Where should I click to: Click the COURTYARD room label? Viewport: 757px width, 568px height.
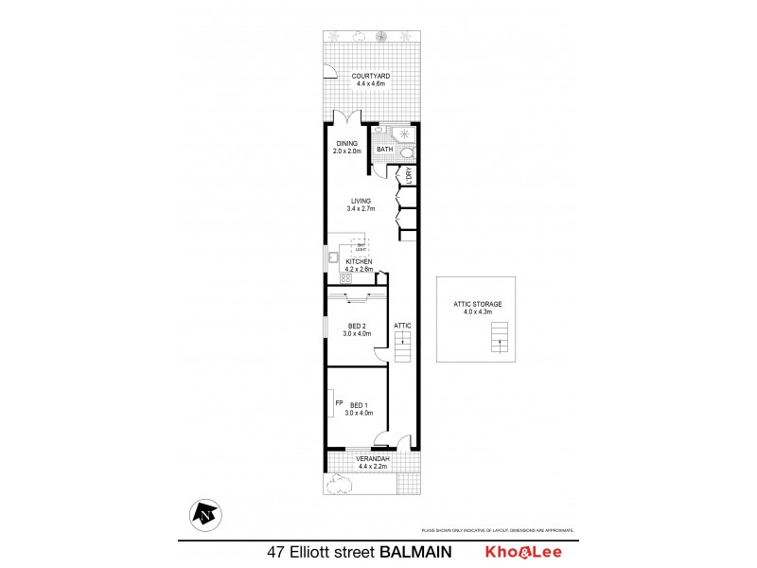pyautogui.click(x=371, y=76)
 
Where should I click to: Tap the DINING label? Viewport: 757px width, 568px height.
pyautogui.click(x=346, y=144)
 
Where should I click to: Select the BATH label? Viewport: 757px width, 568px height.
pyautogui.click(x=384, y=150)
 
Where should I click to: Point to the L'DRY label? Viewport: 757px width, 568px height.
pyautogui.click(x=409, y=174)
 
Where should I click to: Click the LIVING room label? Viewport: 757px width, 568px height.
pyautogui.click(x=361, y=200)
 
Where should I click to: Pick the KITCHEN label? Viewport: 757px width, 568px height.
pyautogui.click(x=359, y=261)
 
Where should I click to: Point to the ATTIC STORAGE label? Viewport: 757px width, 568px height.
pyautogui.click(x=477, y=303)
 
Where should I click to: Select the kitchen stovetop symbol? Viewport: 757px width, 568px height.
pyautogui.click(x=332, y=278)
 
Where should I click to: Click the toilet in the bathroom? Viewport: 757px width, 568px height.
pyautogui.click(x=407, y=151)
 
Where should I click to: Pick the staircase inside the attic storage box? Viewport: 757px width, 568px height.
pyautogui.click(x=499, y=337)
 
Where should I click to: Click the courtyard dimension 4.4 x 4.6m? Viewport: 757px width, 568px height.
pyautogui.click(x=371, y=84)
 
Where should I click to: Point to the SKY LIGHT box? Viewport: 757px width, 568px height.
pyautogui.click(x=361, y=247)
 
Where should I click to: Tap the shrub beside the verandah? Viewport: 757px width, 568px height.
pyautogui.click(x=337, y=485)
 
